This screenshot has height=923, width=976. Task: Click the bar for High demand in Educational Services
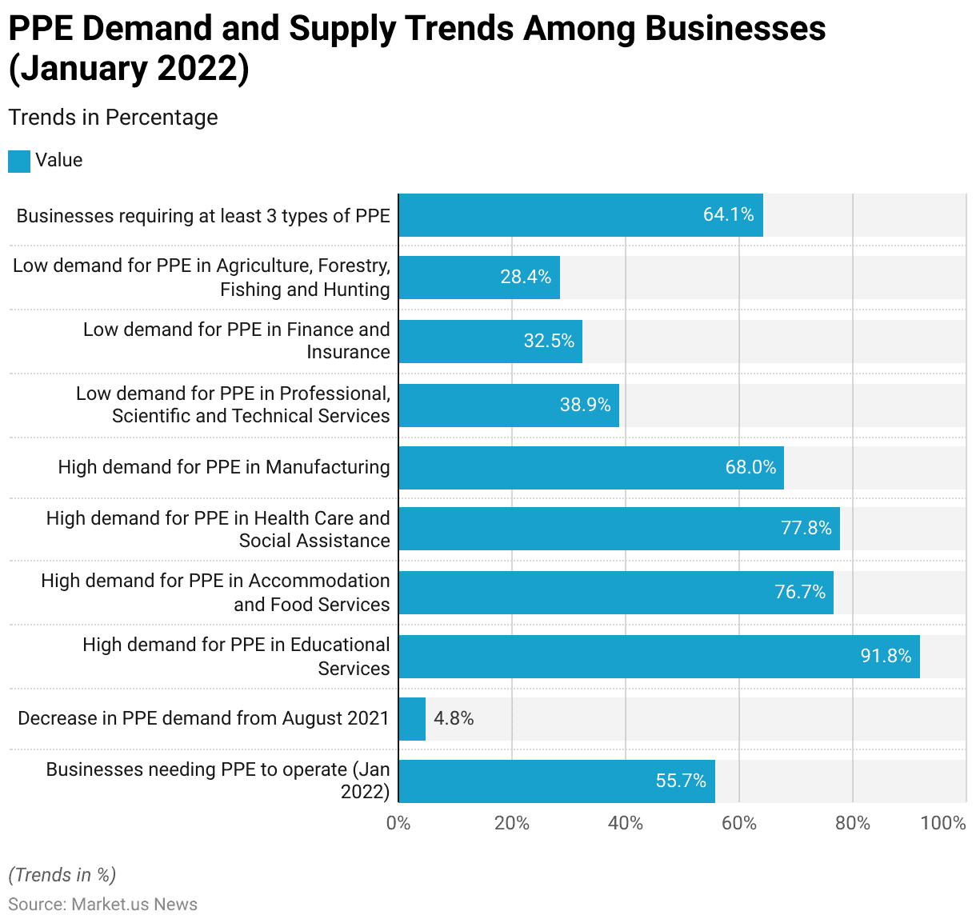[658, 657]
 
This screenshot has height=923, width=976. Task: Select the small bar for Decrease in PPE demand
[412, 719]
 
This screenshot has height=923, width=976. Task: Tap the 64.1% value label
[728, 214]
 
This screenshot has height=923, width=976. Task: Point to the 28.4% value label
[526, 277]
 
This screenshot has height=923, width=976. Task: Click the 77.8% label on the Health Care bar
[806, 528]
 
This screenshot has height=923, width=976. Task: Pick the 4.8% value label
[454, 718]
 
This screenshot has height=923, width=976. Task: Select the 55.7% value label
[681, 781]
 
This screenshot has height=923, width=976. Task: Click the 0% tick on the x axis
[398, 823]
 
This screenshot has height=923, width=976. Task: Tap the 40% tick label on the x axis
[626, 823]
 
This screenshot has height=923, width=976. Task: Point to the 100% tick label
[943, 823]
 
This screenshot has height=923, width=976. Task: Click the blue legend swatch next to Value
[19, 161]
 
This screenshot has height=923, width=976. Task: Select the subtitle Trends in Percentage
[113, 118]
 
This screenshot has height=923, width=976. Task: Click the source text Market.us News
[134, 904]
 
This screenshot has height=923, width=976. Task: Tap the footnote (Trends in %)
[62, 875]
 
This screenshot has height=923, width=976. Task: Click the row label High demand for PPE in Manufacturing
[224, 467]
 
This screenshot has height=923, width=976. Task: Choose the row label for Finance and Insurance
[237, 341]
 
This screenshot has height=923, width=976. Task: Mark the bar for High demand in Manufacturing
[590, 468]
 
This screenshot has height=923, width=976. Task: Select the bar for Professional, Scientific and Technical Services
[508, 406]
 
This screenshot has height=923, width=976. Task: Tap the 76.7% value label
[799, 592]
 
